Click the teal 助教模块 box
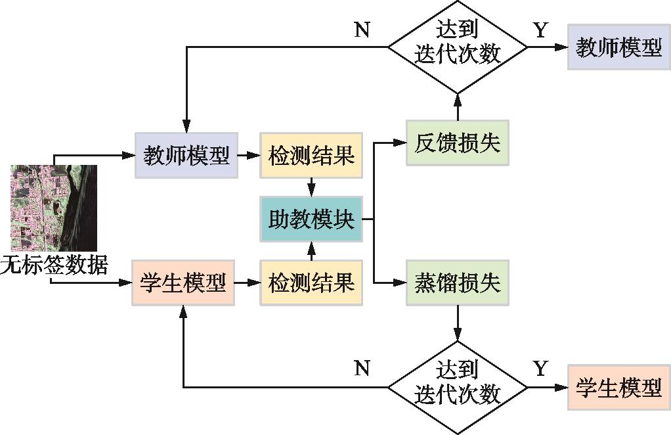coord(311,219)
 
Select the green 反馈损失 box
coord(457,143)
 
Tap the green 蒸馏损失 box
coord(457,283)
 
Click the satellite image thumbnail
coord(54,208)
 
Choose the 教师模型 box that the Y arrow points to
coord(618,47)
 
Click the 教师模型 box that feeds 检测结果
coord(186,156)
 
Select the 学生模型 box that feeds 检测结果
coord(183,283)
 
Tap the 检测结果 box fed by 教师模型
coord(311,156)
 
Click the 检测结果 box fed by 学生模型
coord(311,283)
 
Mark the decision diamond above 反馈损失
coord(457,47)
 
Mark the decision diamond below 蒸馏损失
coord(457,387)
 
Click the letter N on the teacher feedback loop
coord(361,30)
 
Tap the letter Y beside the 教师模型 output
coord(540,30)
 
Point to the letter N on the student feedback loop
coord(361,369)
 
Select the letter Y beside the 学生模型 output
coord(540,369)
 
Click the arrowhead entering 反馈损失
coord(400,143)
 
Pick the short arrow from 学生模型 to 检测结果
coord(248,283)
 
